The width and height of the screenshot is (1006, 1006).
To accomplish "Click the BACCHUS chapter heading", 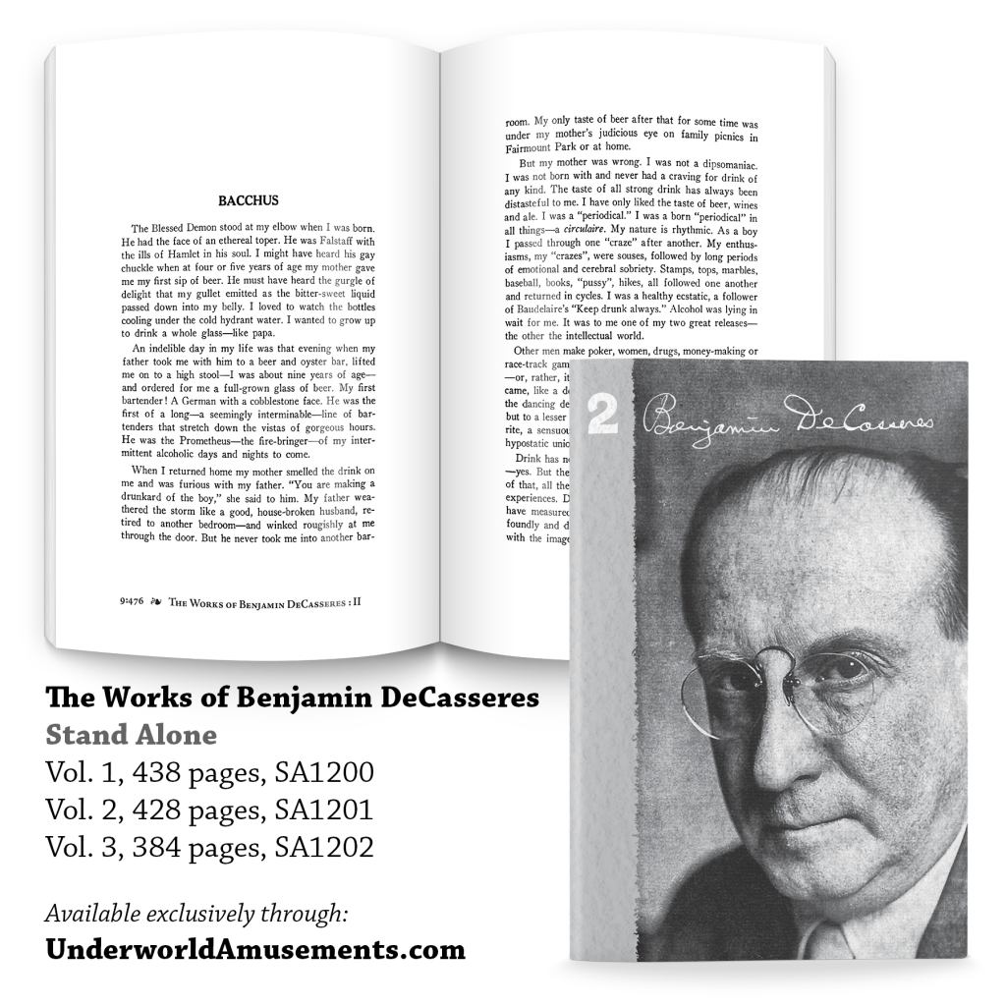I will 249,200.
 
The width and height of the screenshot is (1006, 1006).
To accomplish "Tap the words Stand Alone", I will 131,735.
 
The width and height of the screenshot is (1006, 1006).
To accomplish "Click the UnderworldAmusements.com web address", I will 255,951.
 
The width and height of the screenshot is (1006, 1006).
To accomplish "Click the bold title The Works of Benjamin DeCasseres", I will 292,699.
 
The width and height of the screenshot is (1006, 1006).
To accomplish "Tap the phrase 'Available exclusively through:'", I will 196,914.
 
